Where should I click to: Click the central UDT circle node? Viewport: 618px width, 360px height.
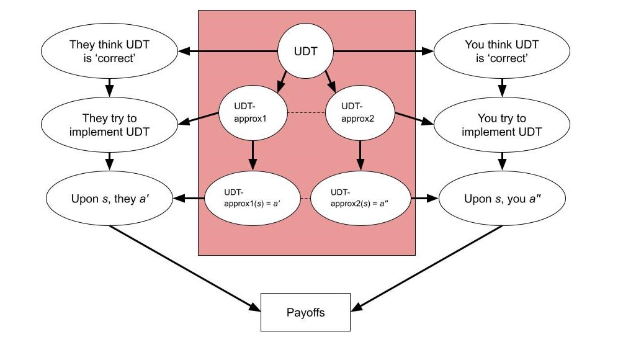click(305, 52)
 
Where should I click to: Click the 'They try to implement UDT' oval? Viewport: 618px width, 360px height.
click(109, 125)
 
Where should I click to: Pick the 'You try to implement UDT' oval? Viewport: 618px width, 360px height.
click(501, 125)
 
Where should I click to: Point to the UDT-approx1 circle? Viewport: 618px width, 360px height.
click(251, 114)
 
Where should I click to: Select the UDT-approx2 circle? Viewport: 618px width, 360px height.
click(360, 114)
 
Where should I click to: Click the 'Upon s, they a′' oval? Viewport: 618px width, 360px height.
click(109, 199)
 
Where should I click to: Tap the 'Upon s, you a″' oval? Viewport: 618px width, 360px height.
click(501, 199)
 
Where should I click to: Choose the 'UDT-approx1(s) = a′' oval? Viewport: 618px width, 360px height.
click(251, 199)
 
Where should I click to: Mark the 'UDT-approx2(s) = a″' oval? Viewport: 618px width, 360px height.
click(360, 199)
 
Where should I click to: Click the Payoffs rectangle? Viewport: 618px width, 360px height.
click(305, 312)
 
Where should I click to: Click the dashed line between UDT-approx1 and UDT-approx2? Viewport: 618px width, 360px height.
click(305, 113)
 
